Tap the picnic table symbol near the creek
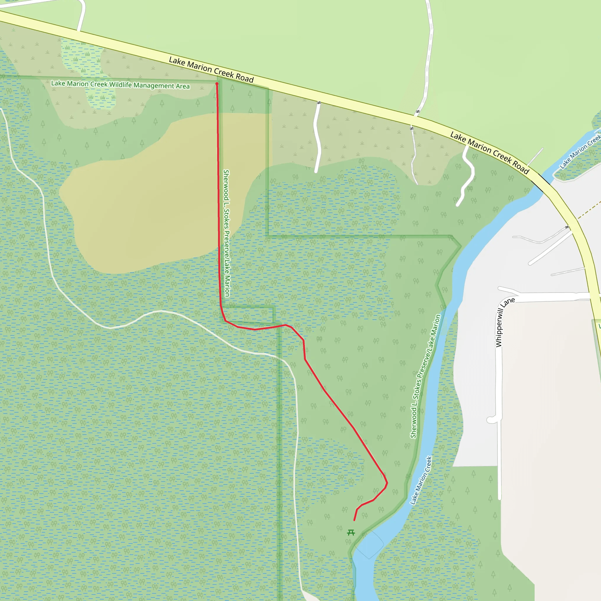[x=351, y=533]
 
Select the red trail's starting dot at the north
[x=217, y=84]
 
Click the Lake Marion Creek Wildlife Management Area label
[x=120, y=85]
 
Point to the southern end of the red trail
[x=354, y=520]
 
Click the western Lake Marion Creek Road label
[x=211, y=70]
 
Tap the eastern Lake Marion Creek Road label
[x=490, y=153]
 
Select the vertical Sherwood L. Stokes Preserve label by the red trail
[x=227, y=233]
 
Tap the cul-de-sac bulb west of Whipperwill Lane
[x=491, y=420]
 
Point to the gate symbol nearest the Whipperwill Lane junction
[x=567, y=227]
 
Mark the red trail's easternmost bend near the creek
[x=387, y=483]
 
